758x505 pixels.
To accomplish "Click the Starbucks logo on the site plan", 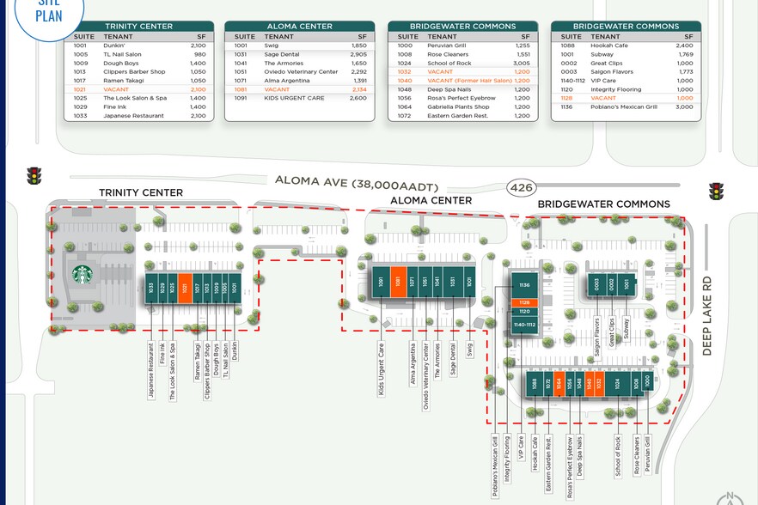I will pos(83,275).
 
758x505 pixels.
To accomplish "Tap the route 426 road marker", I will pos(519,186).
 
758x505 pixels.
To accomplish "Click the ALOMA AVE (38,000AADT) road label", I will pos(358,181).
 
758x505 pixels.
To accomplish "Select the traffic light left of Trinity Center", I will pos(34,175).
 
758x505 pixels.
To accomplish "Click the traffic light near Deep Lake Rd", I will pos(716,191).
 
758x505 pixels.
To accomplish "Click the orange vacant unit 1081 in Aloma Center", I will pos(398,282).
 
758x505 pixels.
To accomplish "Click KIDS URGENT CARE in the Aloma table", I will pos(294,98).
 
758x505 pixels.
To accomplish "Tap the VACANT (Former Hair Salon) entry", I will pos(469,81).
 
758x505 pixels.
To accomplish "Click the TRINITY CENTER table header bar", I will pos(138,27).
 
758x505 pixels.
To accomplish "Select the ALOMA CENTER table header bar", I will pos(299,27).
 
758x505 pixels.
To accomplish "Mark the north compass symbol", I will pos(730,496).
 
